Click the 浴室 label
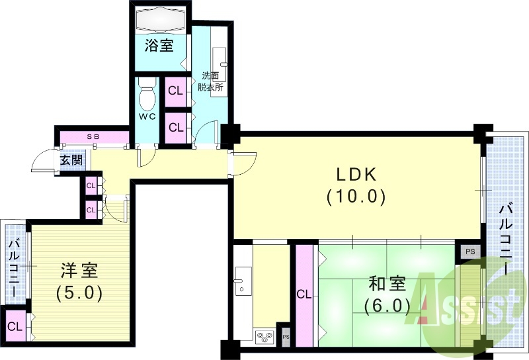tap(159, 46)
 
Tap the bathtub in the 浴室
tap(159, 20)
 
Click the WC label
tap(146, 117)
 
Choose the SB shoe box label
tap(93, 137)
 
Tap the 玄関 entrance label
tap(71, 160)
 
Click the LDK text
tap(356, 175)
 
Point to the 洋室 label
tap(79, 270)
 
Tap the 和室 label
tap(387, 285)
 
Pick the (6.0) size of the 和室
tap(387, 306)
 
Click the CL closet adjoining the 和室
tap(304, 294)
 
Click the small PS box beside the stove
tap(286, 336)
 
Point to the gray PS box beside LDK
tap(470, 251)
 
